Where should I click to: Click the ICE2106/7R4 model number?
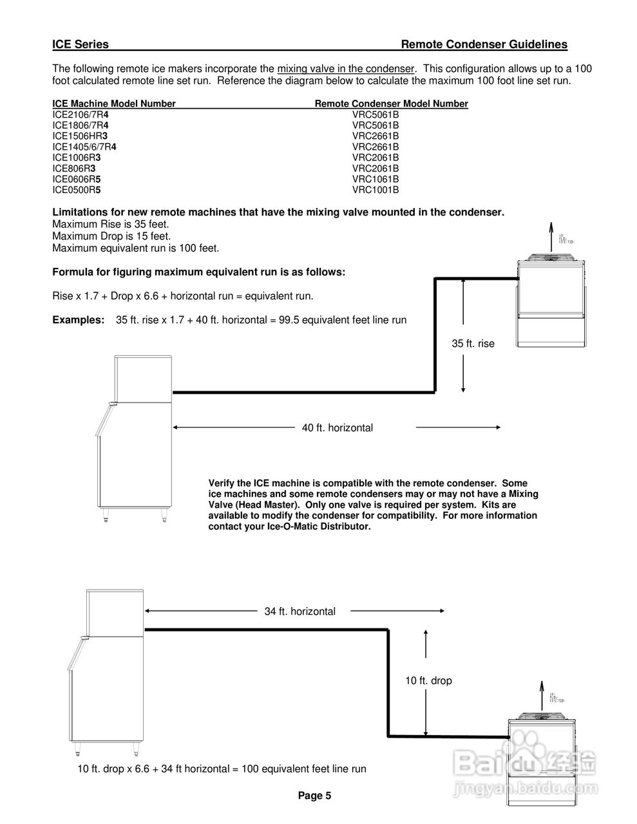81,115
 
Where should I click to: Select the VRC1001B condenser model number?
376,190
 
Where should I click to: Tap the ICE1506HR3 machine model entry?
80,136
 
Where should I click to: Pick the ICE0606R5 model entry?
77,179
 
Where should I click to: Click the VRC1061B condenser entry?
376,179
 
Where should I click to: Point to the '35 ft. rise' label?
473,344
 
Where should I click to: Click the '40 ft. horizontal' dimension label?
338,427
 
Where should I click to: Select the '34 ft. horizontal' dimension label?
299,612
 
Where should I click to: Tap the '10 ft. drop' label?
428,680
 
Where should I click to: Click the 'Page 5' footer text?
314,796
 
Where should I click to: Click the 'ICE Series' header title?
81,44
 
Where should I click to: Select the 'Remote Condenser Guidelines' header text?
484,44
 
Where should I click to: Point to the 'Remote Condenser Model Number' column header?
391,104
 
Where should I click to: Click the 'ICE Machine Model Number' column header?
114,104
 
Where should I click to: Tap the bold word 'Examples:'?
78,320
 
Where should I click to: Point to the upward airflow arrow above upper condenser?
550,237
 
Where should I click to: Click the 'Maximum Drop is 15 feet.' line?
111,236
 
